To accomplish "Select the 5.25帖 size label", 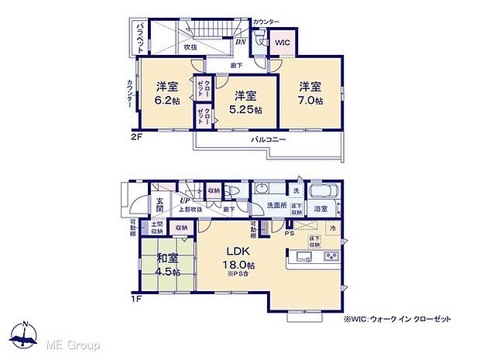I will point(246,110).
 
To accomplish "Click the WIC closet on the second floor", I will point(281,44).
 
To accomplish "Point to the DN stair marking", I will point(240,42).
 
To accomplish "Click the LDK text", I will point(236,252).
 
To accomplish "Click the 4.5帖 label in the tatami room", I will point(166,272).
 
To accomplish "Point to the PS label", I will point(289,231).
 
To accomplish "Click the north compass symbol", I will point(26,334).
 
